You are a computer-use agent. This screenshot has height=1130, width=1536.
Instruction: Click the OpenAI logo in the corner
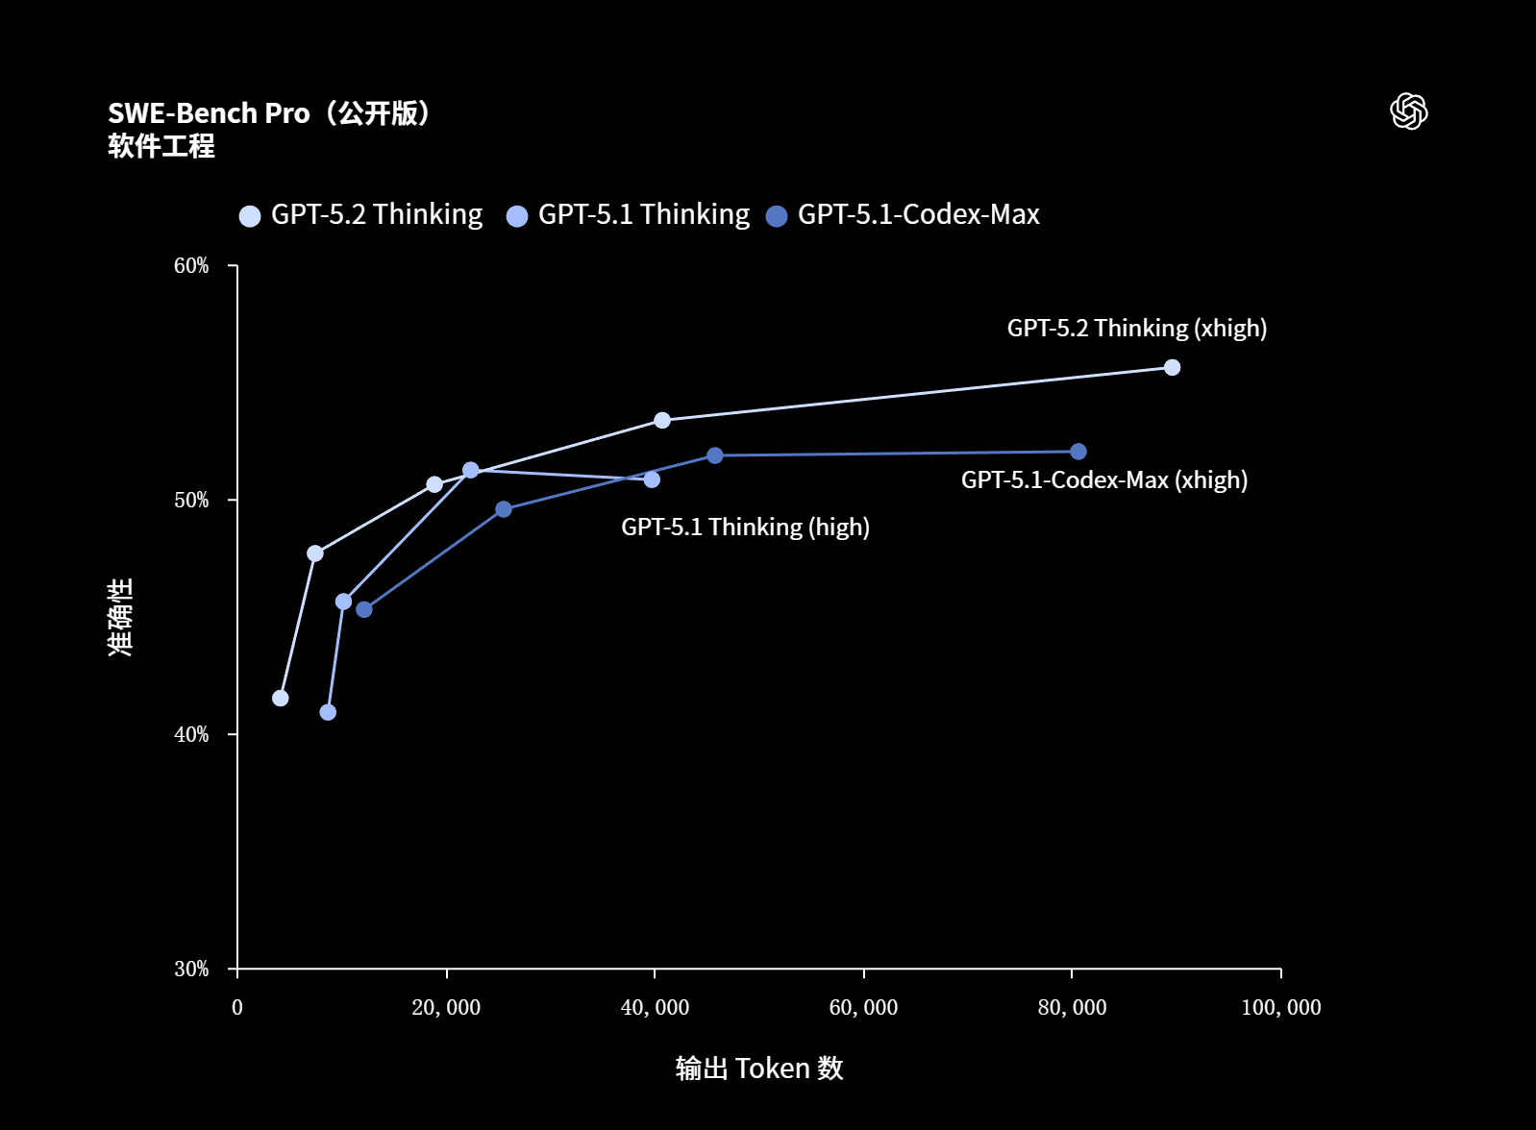(x=1408, y=111)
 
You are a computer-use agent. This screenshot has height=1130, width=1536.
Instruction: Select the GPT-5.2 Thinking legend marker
(x=250, y=216)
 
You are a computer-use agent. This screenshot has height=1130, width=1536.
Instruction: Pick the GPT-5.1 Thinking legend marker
(x=517, y=216)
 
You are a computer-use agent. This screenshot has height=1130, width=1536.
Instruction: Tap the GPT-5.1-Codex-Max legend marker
(x=777, y=216)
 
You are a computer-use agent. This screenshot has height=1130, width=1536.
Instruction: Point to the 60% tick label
(x=191, y=266)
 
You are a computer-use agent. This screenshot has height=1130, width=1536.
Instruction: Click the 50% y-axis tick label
(x=191, y=501)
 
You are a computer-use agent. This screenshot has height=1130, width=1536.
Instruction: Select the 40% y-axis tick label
(x=191, y=735)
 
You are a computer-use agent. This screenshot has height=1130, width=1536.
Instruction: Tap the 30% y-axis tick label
(x=191, y=970)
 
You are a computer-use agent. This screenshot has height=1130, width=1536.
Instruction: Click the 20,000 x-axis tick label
(x=446, y=1008)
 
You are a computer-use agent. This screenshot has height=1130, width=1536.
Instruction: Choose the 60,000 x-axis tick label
(x=863, y=1008)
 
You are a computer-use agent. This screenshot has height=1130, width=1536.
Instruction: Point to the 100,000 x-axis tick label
(x=1280, y=1008)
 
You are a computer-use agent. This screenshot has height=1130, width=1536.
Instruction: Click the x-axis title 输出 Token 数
(x=759, y=1069)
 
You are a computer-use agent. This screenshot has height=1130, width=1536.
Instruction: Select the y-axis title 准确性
(x=120, y=617)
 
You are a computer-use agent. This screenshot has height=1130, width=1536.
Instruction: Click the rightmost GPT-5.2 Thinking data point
(x=1172, y=367)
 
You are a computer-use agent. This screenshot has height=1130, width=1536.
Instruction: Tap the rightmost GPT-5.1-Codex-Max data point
(x=1078, y=452)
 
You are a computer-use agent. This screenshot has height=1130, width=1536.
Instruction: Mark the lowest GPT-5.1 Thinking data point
(x=328, y=712)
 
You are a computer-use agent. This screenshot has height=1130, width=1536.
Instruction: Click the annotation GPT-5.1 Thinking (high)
(x=745, y=528)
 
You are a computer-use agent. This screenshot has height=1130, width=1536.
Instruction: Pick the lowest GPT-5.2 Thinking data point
(x=281, y=698)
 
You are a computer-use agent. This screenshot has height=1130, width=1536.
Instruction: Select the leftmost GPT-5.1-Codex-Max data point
(x=364, y=609)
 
